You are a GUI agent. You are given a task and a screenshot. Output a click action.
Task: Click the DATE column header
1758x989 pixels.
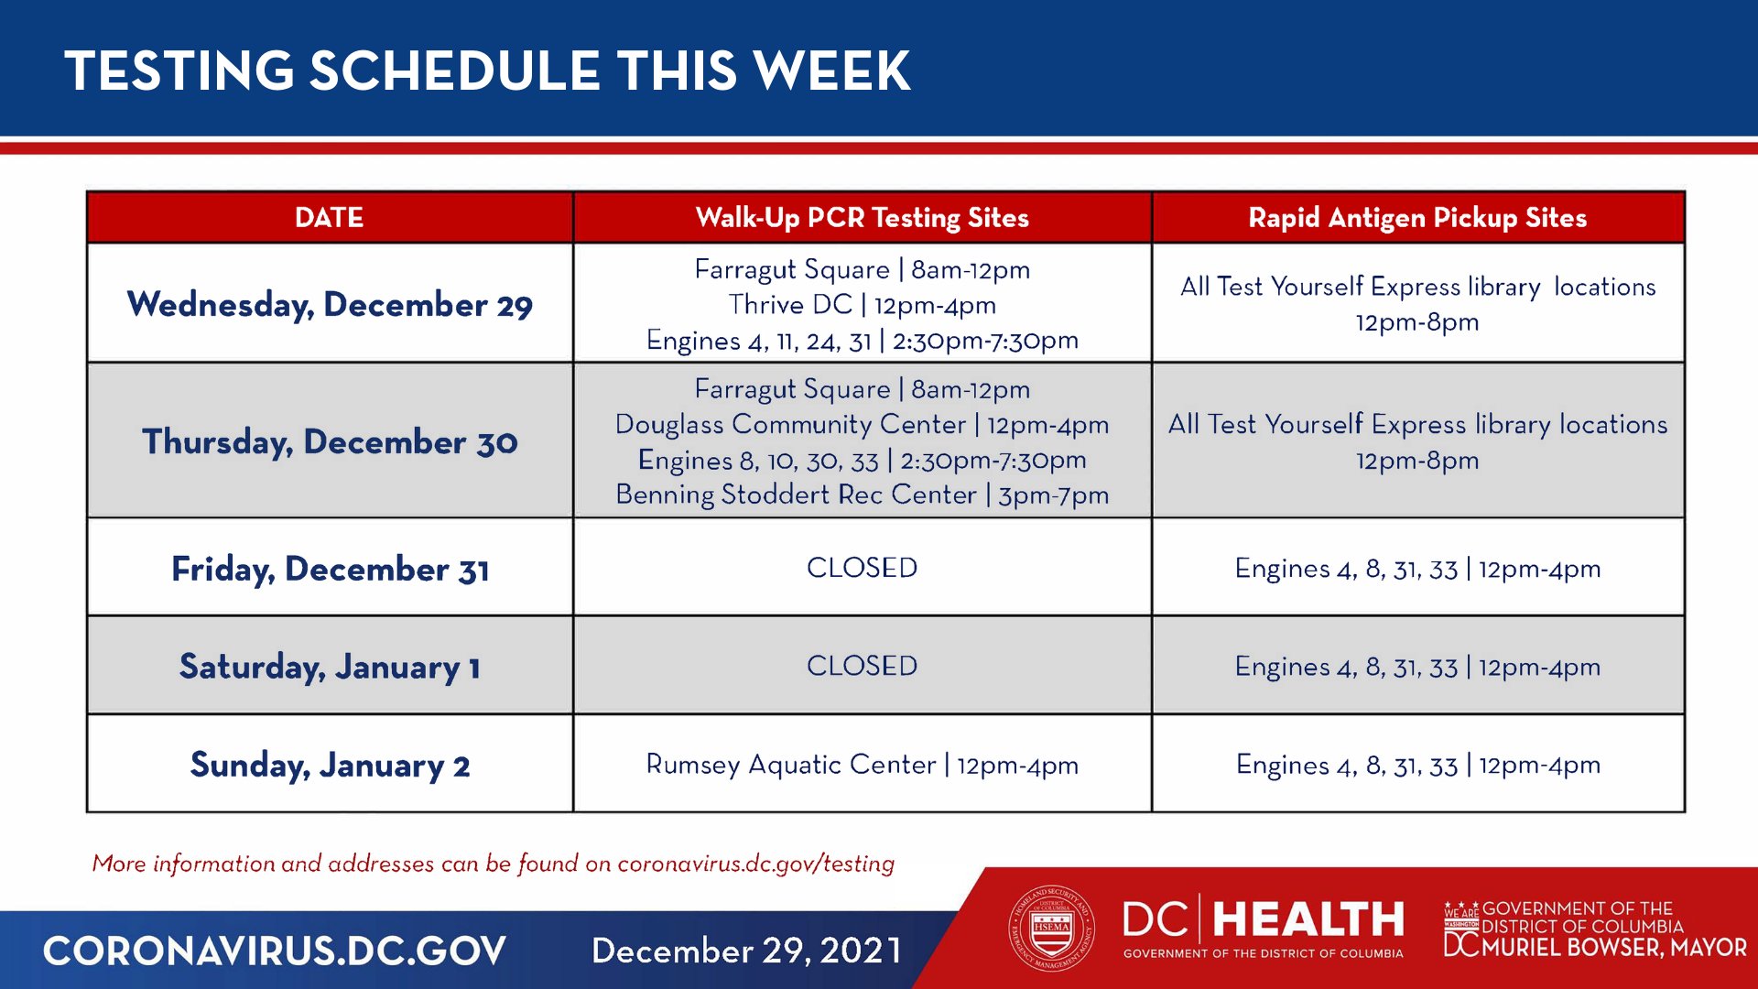[x=329, y=217]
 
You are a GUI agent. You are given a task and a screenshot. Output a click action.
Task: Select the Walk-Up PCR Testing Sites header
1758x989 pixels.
[x=862, y=217]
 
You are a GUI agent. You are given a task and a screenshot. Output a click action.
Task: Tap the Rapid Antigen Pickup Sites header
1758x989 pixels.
[x=1417, y=217]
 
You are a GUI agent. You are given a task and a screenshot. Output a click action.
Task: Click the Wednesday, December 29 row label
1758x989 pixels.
[x=330, y=304]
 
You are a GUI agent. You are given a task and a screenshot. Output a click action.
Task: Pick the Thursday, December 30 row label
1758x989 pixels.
[x=330, y=441]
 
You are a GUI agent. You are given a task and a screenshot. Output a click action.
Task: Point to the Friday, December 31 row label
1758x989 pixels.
[x=330, y=569]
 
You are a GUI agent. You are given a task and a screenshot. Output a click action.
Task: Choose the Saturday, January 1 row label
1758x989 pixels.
[x=330, y=667]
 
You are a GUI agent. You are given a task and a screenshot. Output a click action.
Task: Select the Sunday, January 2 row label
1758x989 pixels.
[x=330, y=765]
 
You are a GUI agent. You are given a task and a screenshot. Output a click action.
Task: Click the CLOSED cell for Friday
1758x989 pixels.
[x=862, y=568]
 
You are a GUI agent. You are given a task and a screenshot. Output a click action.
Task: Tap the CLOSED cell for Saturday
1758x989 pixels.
[x=862, y=666]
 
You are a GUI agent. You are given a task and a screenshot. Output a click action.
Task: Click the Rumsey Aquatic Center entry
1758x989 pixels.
[x=862, y=765]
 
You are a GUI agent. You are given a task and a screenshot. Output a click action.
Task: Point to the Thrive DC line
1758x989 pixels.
[x=862, y=305]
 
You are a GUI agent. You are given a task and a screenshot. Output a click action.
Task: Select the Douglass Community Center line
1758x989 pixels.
[x=862, y=425]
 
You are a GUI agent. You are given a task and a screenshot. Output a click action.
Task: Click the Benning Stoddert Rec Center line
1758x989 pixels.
[x=862, y=494]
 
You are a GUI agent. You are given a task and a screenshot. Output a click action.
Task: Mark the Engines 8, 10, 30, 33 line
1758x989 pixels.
[x=862, y=460]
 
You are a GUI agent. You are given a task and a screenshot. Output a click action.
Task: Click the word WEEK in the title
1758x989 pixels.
[x=832, y=71]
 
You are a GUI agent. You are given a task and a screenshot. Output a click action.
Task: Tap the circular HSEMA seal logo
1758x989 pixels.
[x=1051, y=929]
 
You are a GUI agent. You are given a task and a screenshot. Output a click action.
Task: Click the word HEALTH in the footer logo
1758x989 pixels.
[x=1308, y=919]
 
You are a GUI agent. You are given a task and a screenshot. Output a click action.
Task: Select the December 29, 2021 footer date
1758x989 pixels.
[x=746, y=951]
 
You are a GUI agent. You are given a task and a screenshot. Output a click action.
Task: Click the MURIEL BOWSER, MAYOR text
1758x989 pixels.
[x=1613, y=948]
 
